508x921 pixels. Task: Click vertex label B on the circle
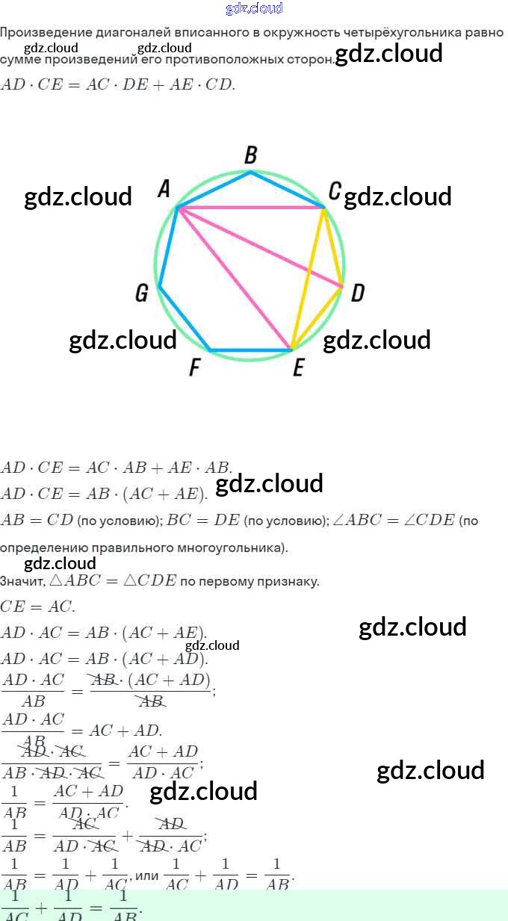pos(251,155)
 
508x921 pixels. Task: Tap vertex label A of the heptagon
pos(164,190)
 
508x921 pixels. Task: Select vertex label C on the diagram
pos(335,191)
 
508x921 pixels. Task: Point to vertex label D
pos(357,293)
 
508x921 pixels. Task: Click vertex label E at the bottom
pos(298,368)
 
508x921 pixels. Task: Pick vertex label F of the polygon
pos(194,368)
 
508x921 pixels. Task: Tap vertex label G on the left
pos(141,294)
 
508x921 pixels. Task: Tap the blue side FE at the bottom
pos(250,350)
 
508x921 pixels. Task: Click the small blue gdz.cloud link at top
pos(254,8)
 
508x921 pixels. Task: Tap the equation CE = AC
pos(37,607)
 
